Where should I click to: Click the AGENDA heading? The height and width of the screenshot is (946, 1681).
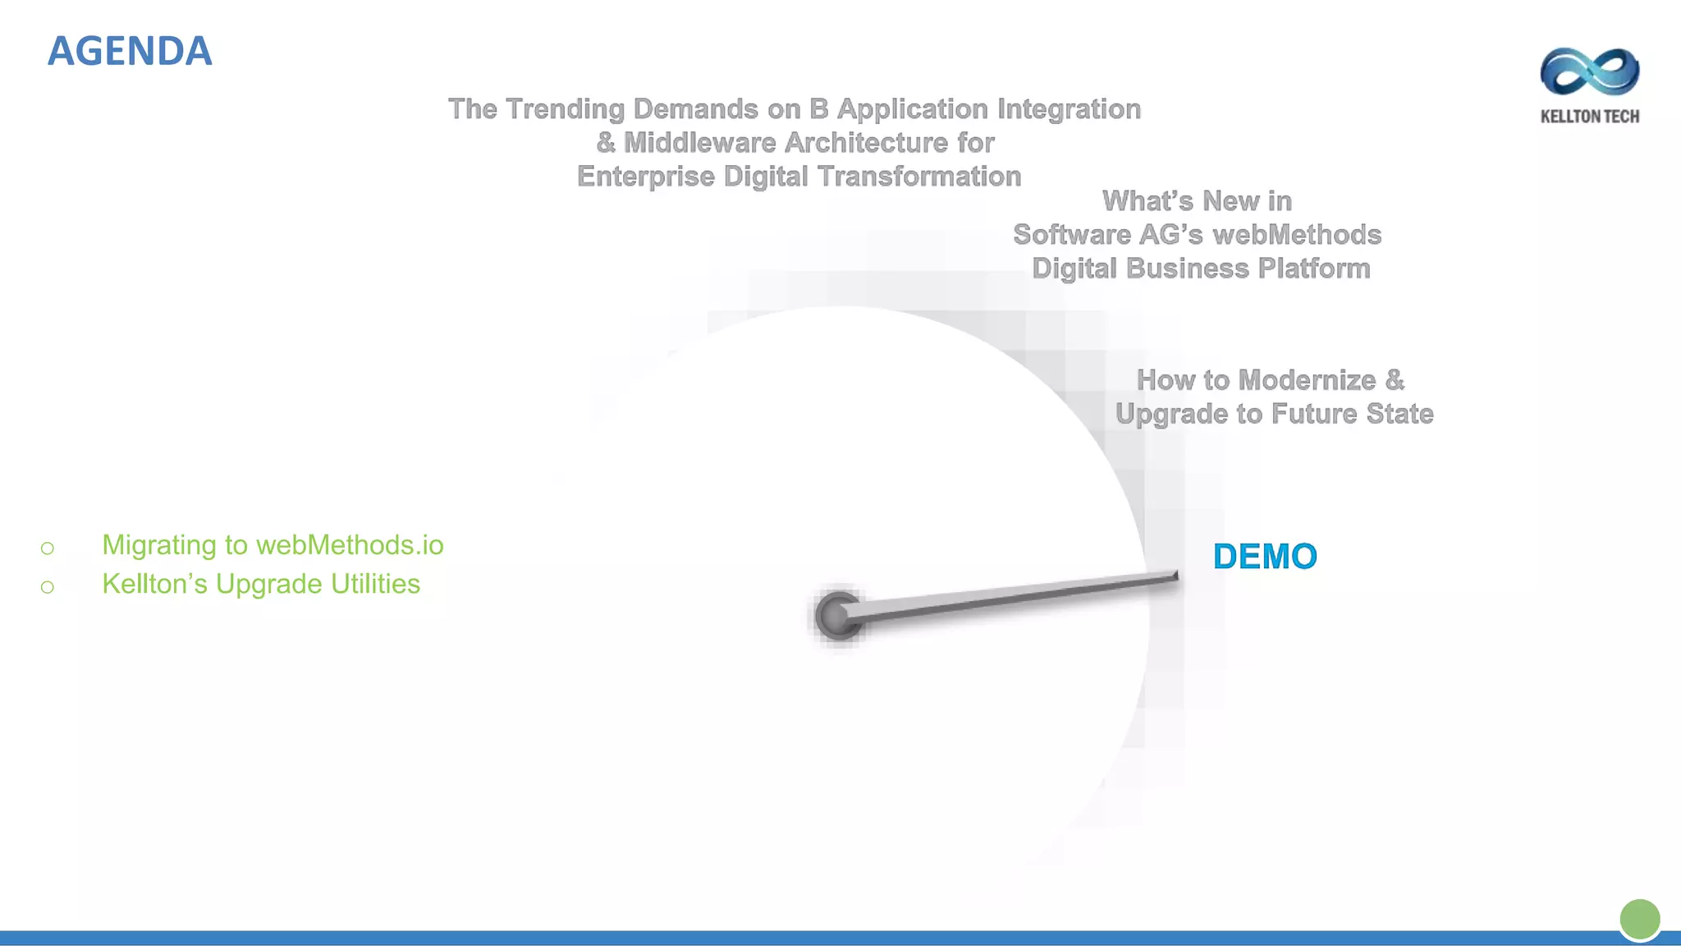coord(130,51)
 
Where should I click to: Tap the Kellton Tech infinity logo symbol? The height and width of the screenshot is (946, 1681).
coord(1590,71)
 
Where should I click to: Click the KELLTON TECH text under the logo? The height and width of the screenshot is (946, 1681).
coord(1590,117)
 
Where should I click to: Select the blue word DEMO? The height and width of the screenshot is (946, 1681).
coord(1265,557)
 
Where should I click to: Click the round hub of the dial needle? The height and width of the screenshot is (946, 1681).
coord(836,616)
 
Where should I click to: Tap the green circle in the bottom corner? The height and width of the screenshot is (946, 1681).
coord(1640,918)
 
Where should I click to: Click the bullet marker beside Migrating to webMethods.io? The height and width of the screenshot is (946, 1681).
coord(48,548)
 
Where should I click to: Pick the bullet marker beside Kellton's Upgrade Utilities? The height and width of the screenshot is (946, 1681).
coord(48,586)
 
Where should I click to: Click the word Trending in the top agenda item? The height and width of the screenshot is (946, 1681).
coord(565,109)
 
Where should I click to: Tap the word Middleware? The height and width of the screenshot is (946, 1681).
coord(699,143)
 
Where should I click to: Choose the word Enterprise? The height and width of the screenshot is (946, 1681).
coord(646,177)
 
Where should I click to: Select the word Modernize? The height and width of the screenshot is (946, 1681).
coord(1307,380)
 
